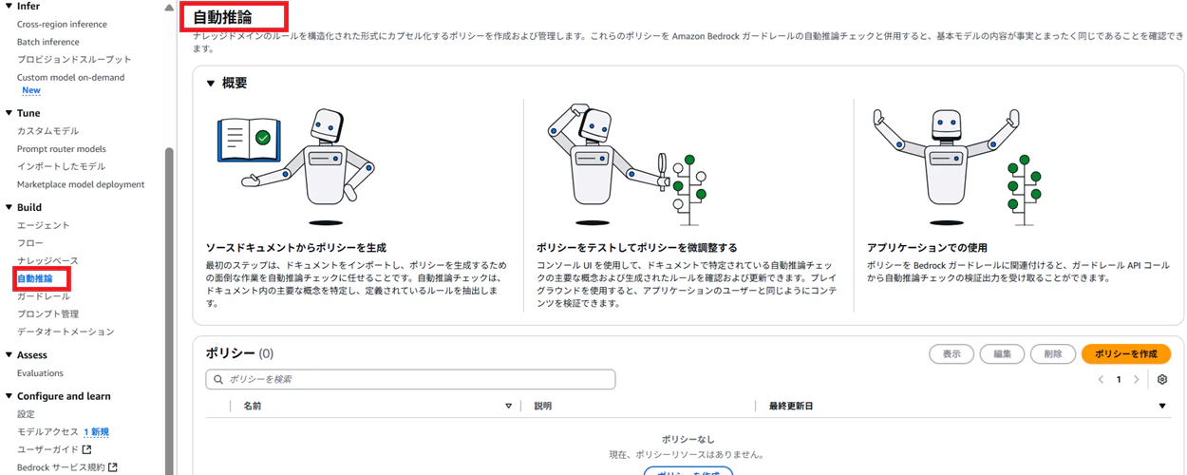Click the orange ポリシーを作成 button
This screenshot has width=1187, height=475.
(x=1125, y=353)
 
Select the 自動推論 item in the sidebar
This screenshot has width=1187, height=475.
(x=35, y=278)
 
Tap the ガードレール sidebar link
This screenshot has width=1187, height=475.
(x=44, y=295)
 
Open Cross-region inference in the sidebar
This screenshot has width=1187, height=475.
(x=62, y=24)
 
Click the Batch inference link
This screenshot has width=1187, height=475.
(x=48, y=42)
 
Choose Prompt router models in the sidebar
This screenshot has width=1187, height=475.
(x=62, y=148)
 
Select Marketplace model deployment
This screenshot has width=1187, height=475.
(x=81, y=184)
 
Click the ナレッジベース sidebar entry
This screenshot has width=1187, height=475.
(x=47, y=260)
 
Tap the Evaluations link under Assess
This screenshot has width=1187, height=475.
(x=40, y=372)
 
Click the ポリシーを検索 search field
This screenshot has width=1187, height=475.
(x=410, y=379)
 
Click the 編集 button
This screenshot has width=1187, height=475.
(x=1002, y=353)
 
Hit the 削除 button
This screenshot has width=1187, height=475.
(x=1052, y=353)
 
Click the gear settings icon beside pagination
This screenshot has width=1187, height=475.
(x=1162, y=379)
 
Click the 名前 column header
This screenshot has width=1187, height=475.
(x=253, y=406)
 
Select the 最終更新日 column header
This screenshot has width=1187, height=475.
(x=791, y=406)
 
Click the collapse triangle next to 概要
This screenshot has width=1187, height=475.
(x=211, y=84)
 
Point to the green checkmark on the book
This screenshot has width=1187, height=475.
(x=263, y=138)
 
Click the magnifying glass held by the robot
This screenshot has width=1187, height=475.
(x=663, y=171)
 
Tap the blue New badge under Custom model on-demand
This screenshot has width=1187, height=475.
(x=31, y=90)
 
